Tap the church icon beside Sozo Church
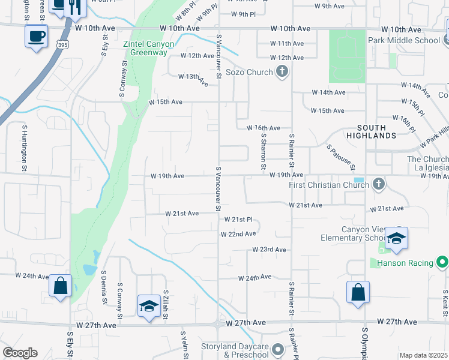click(282, 72)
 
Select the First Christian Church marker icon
click(378, 184)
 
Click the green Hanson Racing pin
click(442, 263)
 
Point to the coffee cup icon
click(37, 36)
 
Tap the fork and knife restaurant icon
click(75, 6)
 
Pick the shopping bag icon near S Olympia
click(358, 293)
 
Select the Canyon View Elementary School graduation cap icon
click(396, 238)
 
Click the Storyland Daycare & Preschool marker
click(277, 349)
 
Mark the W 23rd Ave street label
click(269, 249)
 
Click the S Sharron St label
click(263, 151)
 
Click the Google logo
click(20, 353)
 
